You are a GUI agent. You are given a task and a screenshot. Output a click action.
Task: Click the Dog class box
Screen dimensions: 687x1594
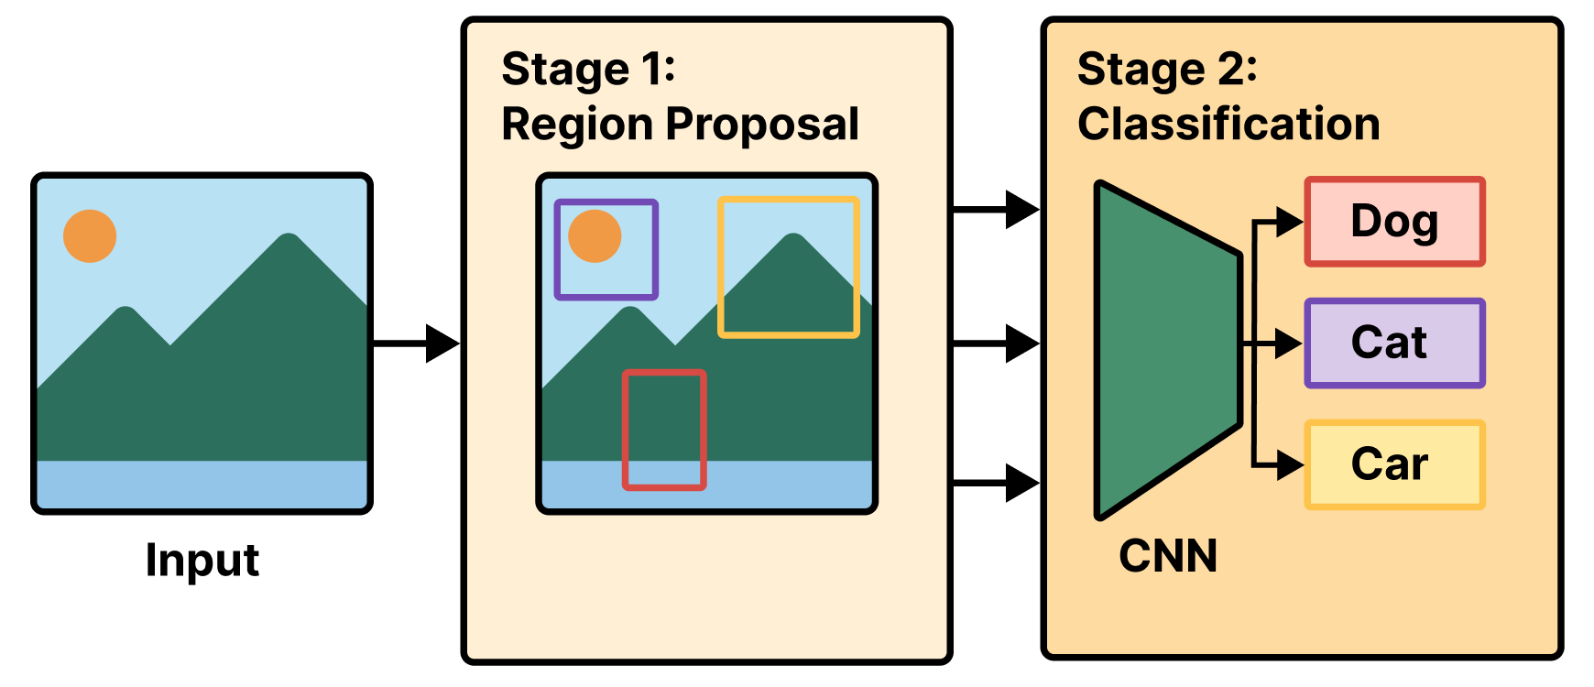click(x=1393, y=222)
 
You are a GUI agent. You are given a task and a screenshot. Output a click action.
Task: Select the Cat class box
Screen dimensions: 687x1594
click(x=1393, y=343)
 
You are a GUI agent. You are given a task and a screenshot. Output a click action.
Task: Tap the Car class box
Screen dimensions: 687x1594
click(x=1393, y=464)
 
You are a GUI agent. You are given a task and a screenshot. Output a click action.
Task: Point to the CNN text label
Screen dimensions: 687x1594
click(x=1168, y=556)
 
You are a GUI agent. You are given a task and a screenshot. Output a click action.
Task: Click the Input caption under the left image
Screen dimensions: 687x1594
click(x=202, y=560)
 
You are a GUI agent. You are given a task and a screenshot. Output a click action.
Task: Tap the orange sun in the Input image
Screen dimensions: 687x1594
click(x=90, y=236)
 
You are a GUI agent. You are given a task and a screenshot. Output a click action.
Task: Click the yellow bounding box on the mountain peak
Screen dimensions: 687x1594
click(x=789, y=200)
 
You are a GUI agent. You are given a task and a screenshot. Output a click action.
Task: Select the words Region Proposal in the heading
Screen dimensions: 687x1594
click(x=680, y=125)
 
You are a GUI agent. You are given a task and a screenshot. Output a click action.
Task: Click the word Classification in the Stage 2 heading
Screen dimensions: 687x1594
click(x=1228, y=124)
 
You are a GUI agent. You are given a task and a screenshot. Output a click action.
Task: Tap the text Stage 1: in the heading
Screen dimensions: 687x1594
click(x=588, y=70)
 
